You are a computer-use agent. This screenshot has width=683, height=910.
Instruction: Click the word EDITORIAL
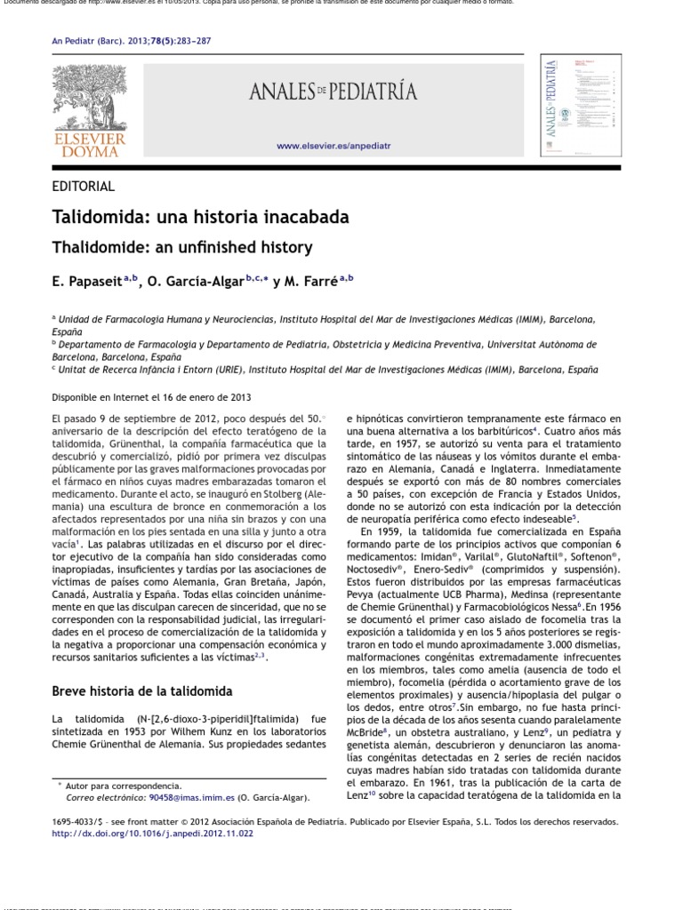click(x=84, y=187)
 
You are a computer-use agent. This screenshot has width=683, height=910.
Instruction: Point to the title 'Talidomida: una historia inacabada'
click(x=200, y=218)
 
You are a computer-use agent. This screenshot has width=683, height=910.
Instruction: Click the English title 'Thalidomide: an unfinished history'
click(x=182, y=248)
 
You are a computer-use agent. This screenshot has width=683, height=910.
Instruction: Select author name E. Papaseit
click(x=88, y=282)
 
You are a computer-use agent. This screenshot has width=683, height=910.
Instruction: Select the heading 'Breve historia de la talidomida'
click(x=141, y=690)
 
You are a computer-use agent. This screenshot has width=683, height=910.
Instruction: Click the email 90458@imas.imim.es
click(x=191, y=798)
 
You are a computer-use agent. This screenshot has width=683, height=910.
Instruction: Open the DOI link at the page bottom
click(x=152, y=834)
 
